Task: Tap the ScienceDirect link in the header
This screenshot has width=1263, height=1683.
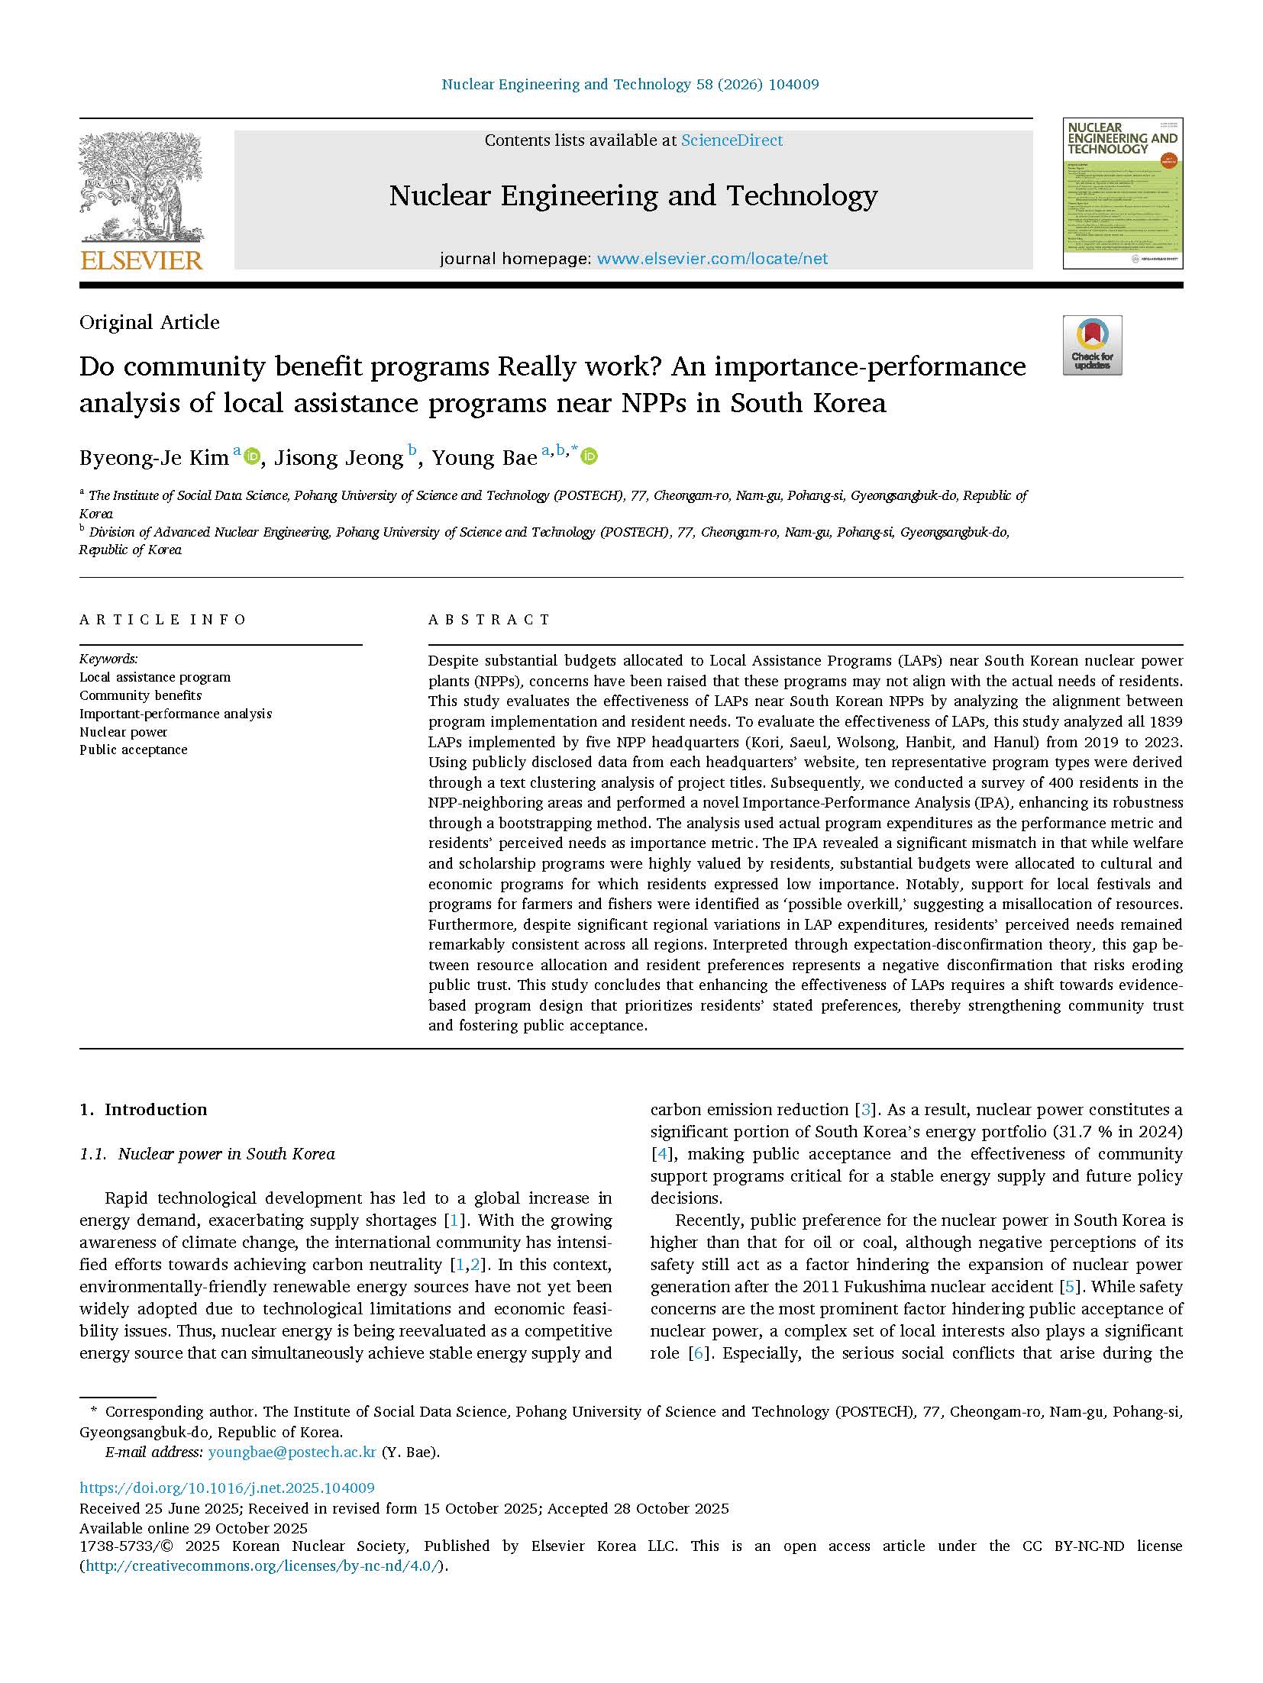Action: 732,140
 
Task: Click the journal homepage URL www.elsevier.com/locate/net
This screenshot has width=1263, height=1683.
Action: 712,259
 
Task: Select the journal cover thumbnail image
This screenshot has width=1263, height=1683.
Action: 1122,193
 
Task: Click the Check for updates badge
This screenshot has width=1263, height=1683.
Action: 1092,345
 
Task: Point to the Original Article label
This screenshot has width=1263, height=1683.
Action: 150,322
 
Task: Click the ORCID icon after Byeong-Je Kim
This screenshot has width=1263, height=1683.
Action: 253,456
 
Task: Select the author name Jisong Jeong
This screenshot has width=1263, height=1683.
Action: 338,458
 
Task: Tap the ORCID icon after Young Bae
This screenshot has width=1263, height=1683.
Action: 590,456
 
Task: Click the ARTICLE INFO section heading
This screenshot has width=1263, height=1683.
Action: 163,620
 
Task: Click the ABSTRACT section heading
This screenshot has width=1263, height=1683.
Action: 489,620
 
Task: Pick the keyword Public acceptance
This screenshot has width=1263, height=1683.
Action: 134,750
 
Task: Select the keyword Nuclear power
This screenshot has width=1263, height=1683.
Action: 124,732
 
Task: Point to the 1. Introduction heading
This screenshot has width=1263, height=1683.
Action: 143,1110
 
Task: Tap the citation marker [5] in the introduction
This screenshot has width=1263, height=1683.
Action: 1071,1287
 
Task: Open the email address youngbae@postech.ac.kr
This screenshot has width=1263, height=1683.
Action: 292,1452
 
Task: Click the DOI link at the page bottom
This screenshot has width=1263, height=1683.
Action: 227,1488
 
